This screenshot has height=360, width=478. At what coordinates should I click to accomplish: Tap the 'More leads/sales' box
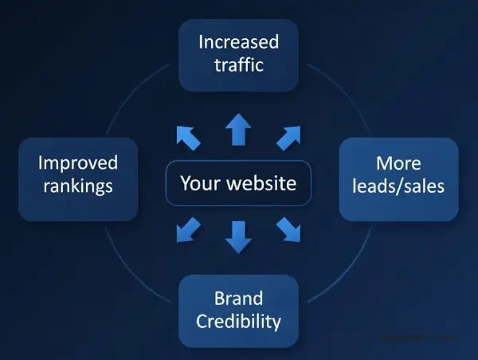398,178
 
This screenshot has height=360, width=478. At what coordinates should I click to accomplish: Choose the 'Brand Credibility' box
238,311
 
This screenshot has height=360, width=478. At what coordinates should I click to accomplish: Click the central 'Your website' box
238,183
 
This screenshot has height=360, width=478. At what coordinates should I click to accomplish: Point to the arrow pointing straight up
237,129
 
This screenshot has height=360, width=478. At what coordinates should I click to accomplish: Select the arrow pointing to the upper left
188,137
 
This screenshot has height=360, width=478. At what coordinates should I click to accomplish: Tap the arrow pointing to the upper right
288,137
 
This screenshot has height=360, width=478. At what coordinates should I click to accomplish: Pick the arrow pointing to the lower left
188,229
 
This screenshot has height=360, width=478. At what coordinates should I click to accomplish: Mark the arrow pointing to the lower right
288,229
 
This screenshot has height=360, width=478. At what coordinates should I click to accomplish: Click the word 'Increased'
238,41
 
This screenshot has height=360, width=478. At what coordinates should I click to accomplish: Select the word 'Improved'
78,163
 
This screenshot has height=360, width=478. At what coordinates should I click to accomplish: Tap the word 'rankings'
78,187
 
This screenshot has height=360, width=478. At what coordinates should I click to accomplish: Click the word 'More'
398,163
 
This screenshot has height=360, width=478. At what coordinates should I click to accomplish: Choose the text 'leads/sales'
398,187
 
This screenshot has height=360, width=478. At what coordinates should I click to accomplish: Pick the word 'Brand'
238,299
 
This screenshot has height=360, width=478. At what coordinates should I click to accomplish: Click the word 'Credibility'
238,322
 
